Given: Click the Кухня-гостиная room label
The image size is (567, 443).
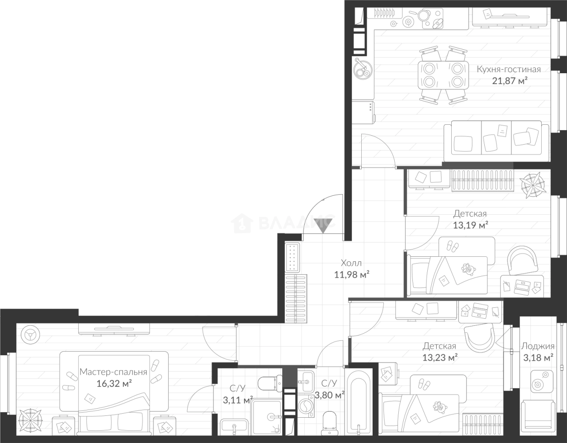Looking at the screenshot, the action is pyautogui.click(x=509, y=70).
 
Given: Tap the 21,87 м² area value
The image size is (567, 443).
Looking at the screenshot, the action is pyautogui.click(x=509, y=81).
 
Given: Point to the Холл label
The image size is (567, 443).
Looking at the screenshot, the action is pyautogui.click(x=351, y=263).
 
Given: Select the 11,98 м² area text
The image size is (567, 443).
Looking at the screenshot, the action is pyautogui.click(x=352, y=274).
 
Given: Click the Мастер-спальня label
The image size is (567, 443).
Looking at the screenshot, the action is pyautogui.click(x=113, y=372).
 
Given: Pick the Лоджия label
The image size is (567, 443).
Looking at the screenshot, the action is pyautogui.click(x=538, y=346).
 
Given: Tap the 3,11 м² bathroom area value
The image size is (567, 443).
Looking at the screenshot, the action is pyautogui.click(x=238, y=400).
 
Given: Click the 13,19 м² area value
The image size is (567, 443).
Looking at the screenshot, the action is pyautogui.click(x=470, y=225).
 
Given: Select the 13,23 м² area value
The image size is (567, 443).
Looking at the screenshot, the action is pyautogui.click(x=439, y=358).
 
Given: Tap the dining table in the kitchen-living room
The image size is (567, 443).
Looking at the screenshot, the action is pyautogui.click(x=443, y=75).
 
